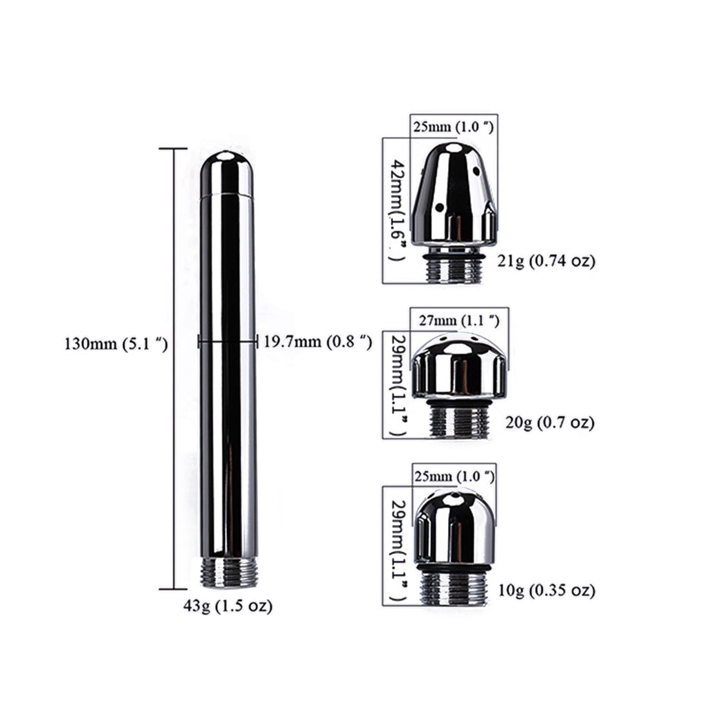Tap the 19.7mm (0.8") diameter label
point(317,342)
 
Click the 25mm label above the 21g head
point(452,127)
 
